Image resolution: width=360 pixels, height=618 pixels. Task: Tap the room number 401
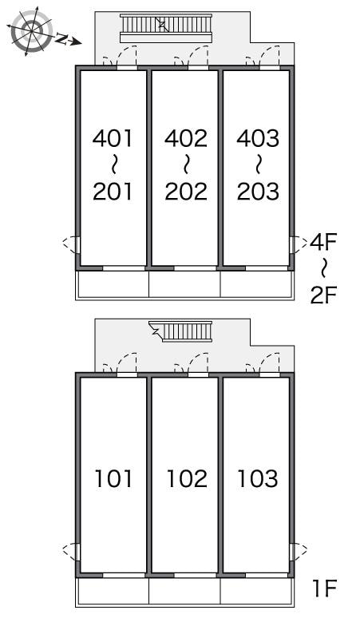tap(113, 138)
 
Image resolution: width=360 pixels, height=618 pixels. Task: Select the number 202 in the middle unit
tap(186, 191)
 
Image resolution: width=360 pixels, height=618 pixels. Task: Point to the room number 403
tap(258, 138)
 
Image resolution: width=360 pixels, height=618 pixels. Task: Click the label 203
tap(258, 191)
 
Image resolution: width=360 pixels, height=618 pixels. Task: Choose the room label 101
tap(113, 478)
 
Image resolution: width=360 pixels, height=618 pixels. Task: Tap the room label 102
tap(186, 478)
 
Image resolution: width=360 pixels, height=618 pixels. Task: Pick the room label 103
tap(258, 478)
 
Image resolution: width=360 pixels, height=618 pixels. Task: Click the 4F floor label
tap(325, 241)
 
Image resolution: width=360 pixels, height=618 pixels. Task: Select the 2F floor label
tap(325, 295)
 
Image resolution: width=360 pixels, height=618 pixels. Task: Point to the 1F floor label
tap(324, 589)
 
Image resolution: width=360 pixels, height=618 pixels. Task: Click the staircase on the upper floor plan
tap(165, 28)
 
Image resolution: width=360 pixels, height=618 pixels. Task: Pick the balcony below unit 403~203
tap(257, 283)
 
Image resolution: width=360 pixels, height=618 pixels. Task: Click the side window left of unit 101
tap(72, 550)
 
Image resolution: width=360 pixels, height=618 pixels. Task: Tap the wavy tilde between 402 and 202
tap(186, 164)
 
